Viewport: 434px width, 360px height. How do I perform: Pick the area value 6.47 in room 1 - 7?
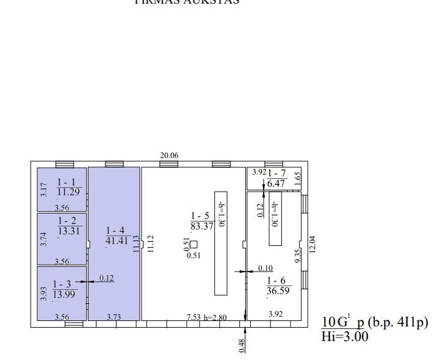(277, 183)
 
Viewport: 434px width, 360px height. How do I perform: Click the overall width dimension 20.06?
(169, 156)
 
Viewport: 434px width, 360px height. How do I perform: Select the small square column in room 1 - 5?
(193, 245)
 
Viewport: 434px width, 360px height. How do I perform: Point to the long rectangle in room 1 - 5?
(220, 243)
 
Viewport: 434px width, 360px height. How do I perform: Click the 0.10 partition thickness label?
(265, 268)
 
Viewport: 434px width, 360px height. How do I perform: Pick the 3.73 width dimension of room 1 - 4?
(114, 317)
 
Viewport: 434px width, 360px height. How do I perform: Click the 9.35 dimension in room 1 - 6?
(298, 255)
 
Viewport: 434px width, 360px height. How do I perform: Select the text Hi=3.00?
(345, 336)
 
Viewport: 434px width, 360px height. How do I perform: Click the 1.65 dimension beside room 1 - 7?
(298, 179)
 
